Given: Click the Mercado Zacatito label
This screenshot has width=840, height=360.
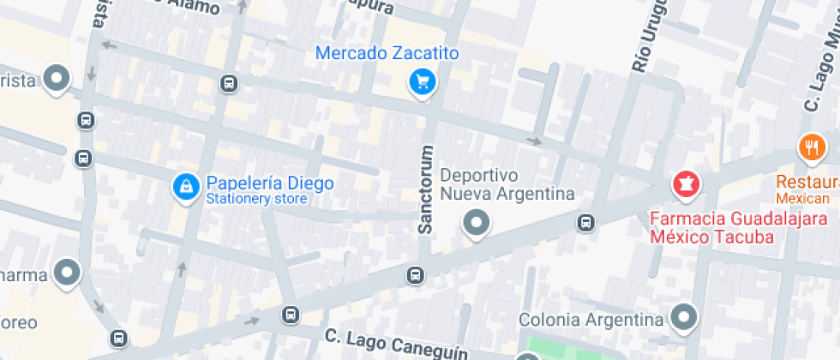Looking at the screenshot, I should coord(387,53).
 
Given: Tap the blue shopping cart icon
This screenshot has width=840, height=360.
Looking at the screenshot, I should coord(422,82).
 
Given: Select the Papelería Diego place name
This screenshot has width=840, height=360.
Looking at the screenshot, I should coord(269,183).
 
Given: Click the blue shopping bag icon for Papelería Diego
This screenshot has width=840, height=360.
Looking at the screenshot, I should coord(184,186).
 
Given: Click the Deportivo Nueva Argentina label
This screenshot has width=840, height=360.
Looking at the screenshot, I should coord(507,184).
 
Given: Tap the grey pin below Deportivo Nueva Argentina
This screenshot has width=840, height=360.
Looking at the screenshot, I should coord(476,225).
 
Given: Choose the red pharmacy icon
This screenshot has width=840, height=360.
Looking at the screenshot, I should coord(686,183).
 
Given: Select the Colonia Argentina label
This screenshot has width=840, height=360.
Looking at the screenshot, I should coord(591,320).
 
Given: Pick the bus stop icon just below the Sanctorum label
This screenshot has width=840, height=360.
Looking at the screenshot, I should coord(415,275).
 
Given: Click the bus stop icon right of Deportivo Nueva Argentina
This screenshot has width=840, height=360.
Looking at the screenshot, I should coord(586,223).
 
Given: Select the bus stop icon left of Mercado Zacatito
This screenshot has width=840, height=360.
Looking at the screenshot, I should coord(229,83).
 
